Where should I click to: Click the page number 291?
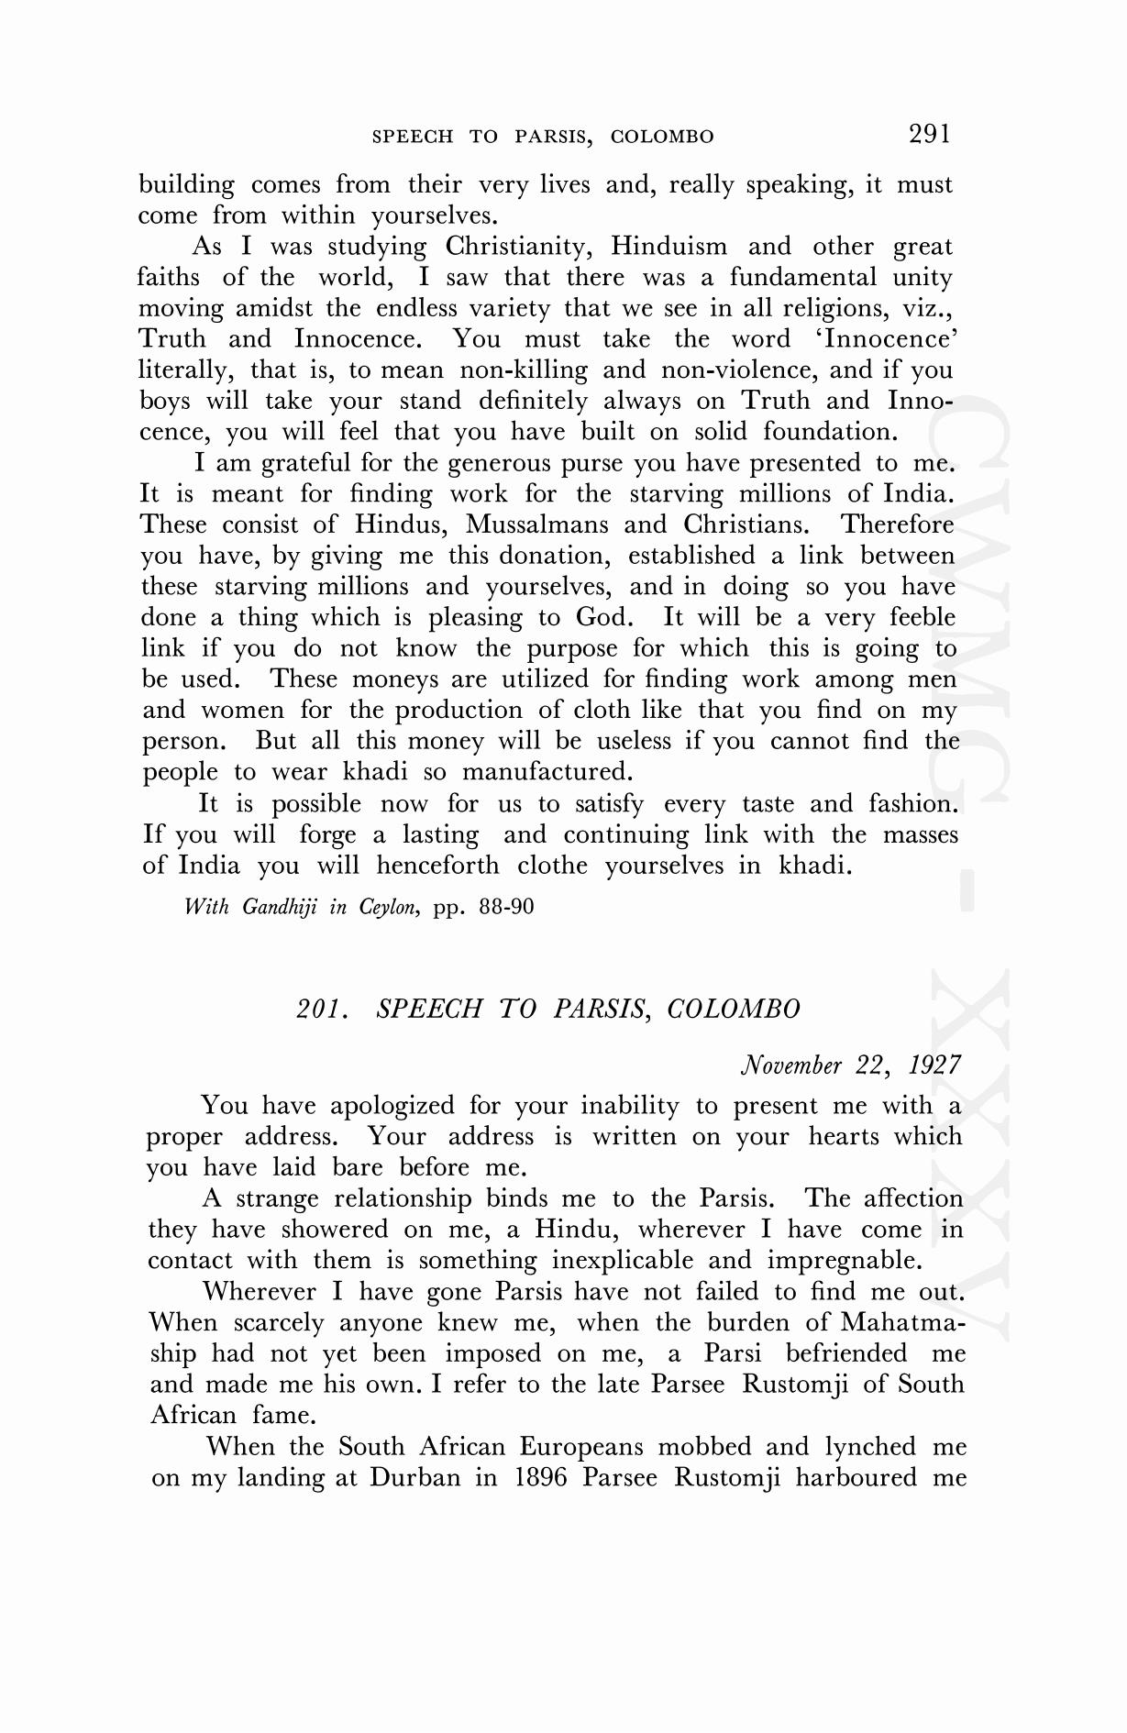929,135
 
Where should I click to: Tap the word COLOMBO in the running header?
662,138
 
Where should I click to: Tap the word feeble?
922,617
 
